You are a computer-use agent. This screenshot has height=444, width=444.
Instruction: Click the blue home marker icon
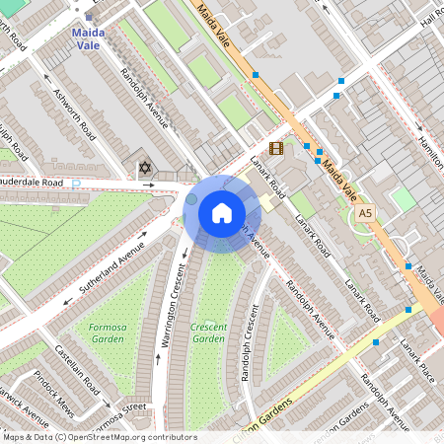(x=222, y=212)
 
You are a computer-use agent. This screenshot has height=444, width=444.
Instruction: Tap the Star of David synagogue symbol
(x=145, y=169)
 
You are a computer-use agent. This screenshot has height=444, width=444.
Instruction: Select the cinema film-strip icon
(x=275, y=149)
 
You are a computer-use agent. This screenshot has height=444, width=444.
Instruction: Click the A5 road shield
(x=366, y=212)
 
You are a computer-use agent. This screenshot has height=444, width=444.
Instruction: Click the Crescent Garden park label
(x=208, y=333)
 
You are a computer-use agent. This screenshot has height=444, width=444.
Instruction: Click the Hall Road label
(x=431, y=15)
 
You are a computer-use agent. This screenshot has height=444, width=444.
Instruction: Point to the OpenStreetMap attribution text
(x=99, y=436)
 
